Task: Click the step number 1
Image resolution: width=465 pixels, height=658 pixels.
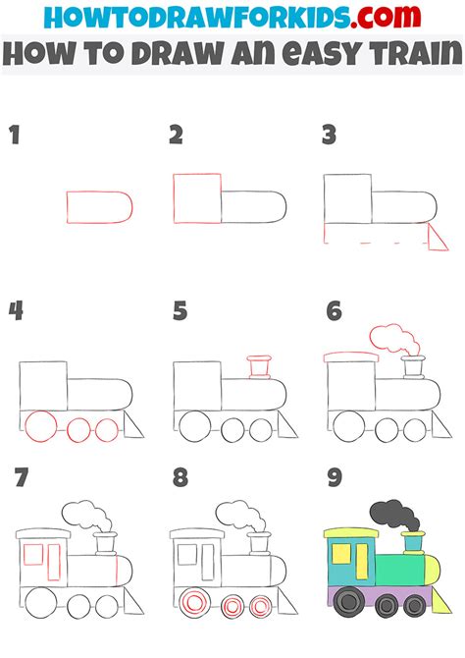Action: (x=15, y=136)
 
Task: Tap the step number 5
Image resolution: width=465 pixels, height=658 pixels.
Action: (x=180, y=311)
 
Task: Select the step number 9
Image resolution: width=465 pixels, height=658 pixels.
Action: (x=334, y=478)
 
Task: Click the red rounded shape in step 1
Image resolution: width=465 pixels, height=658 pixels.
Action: (x=99, y=204)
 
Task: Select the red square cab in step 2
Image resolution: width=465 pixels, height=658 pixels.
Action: (x=196, y=199)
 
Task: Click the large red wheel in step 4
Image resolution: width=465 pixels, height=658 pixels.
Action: (x=42, y=427)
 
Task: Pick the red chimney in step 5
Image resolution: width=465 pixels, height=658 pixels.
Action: (x=260, y=367)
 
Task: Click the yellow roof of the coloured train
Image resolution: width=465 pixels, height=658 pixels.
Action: (x=350, y=534)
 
